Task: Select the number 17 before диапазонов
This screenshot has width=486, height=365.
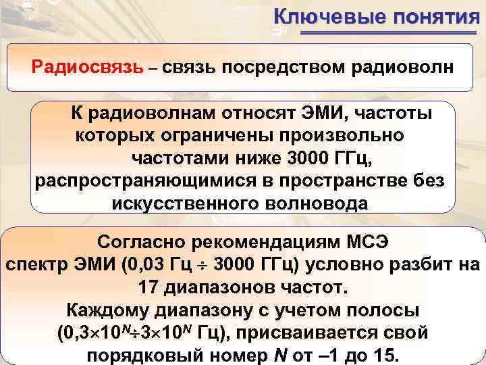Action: pos(149,287)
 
